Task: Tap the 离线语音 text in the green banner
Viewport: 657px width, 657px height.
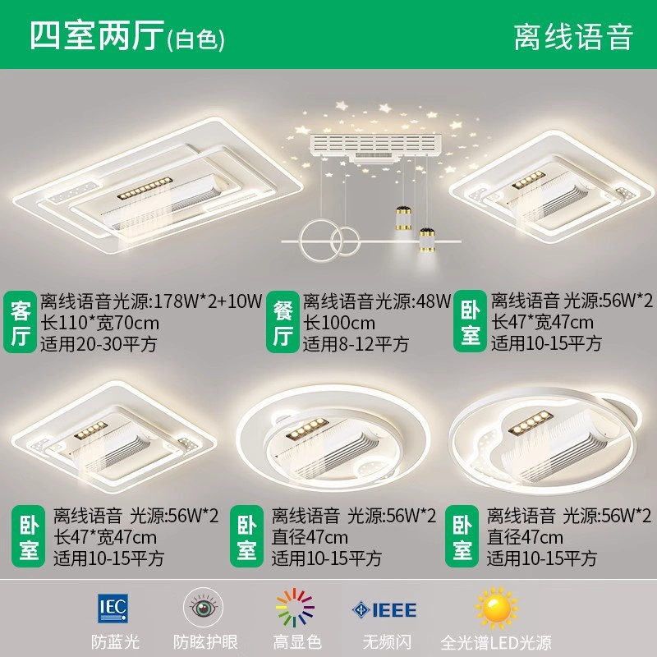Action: (573, 37)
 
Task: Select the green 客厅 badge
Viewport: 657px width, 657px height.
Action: (20, 322)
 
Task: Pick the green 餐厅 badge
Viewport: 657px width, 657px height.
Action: (283, 322)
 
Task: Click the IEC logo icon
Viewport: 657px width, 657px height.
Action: (113, 608)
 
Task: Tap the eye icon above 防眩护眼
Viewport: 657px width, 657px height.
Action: (204, 607)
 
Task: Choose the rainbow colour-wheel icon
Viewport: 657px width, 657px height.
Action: (295, 608)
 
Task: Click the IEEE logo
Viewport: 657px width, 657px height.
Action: (384, 610)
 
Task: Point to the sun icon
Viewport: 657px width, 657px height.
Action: (496, 608)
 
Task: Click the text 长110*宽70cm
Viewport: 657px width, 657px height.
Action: (99, 323)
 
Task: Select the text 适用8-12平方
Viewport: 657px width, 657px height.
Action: (356, 344)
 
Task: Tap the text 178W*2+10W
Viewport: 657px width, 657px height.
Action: (209, 301)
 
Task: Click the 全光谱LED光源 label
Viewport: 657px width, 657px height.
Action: (496, 642)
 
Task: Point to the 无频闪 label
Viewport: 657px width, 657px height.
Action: (387, 642)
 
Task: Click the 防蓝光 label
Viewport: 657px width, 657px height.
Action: (115, 642)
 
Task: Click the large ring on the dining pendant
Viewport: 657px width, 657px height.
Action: (319, 240)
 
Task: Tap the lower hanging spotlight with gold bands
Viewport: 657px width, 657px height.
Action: (427, 240)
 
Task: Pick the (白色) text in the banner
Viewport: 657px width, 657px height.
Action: (195, 40)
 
